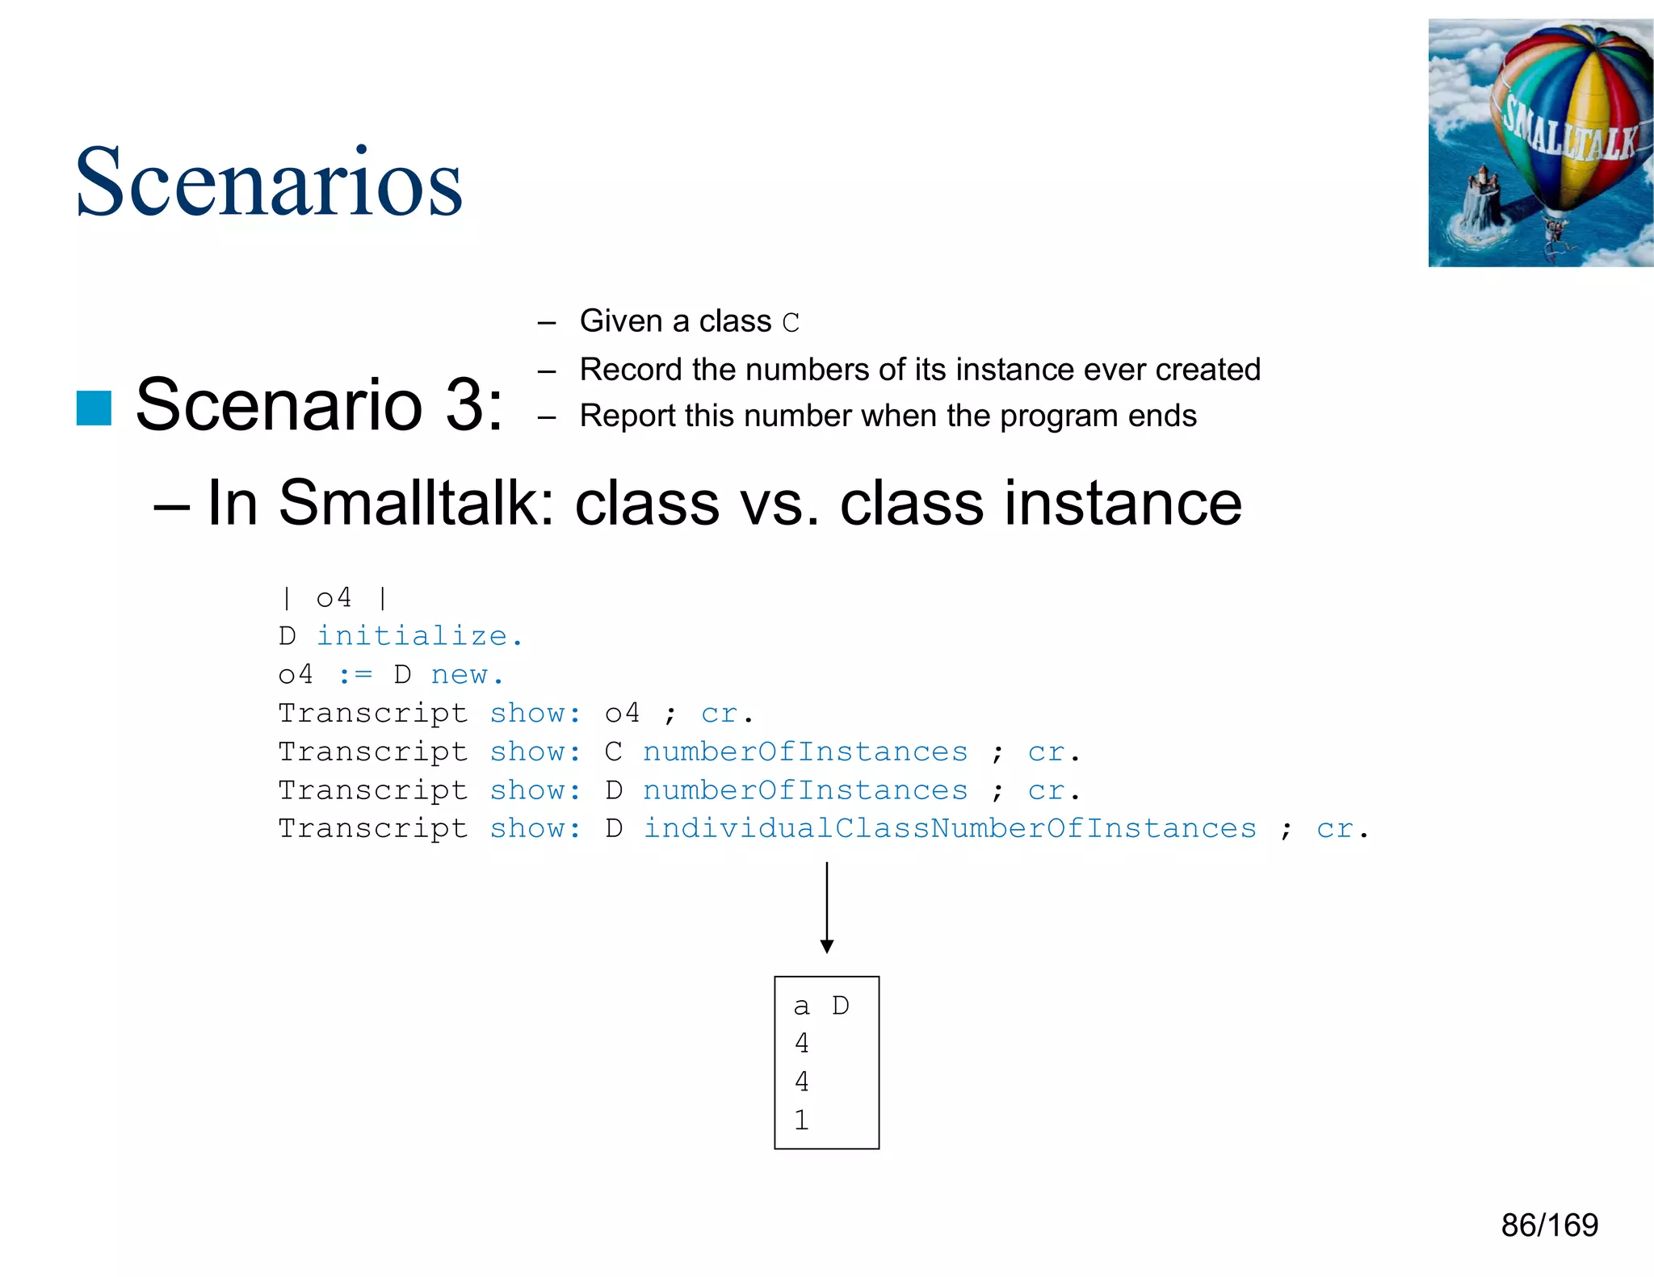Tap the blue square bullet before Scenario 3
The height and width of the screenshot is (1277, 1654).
[94, 408]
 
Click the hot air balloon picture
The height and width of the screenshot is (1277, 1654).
[1540, 143]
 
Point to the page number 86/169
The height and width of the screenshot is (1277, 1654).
[1549, 1225]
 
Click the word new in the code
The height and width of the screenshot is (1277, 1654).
[460, 674]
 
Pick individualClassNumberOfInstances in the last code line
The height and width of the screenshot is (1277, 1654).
[950, 828]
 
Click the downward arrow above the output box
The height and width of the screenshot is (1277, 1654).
[826, 908]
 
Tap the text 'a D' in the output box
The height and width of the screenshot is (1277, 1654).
[821, 1006]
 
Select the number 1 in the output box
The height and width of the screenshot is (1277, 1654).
[801, 1120]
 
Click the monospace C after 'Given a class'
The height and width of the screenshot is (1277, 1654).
[791, 323]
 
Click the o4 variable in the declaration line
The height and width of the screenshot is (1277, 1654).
[334, 598]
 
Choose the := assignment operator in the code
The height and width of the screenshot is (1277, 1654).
[355, 675]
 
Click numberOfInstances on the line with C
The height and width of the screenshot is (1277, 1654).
[805, 752]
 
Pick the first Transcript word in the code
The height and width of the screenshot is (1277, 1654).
[373, 714]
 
